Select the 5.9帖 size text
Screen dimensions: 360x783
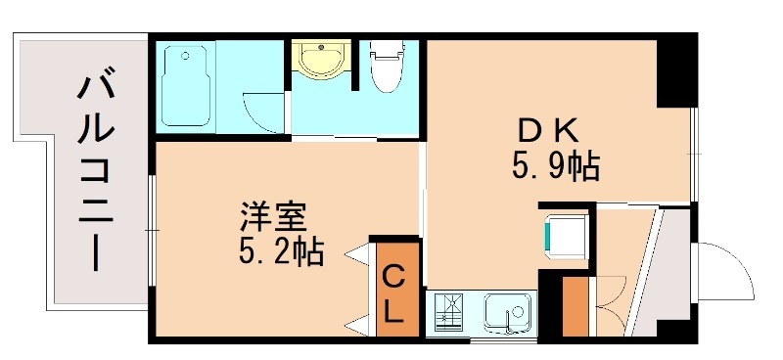pos(555,167)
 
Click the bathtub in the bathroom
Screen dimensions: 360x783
pos(188,86)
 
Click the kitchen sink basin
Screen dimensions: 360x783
pos(509,312)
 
